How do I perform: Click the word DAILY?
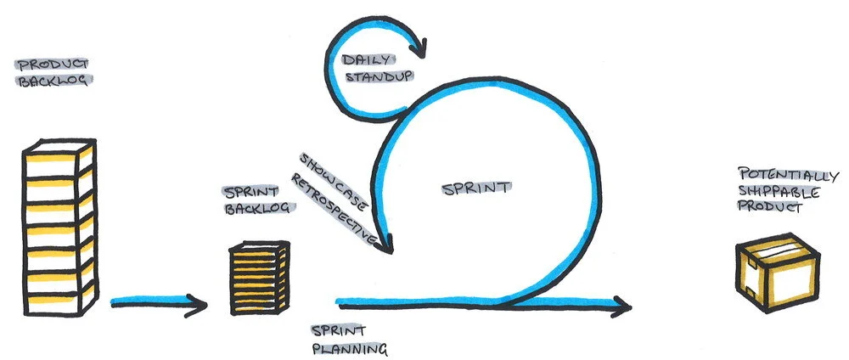pos(366,60)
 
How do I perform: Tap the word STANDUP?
pos(377,76)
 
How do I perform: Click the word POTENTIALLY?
pos(778,175)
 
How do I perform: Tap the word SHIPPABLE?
pos(767,191)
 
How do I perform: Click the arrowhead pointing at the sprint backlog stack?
pos(200,302)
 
